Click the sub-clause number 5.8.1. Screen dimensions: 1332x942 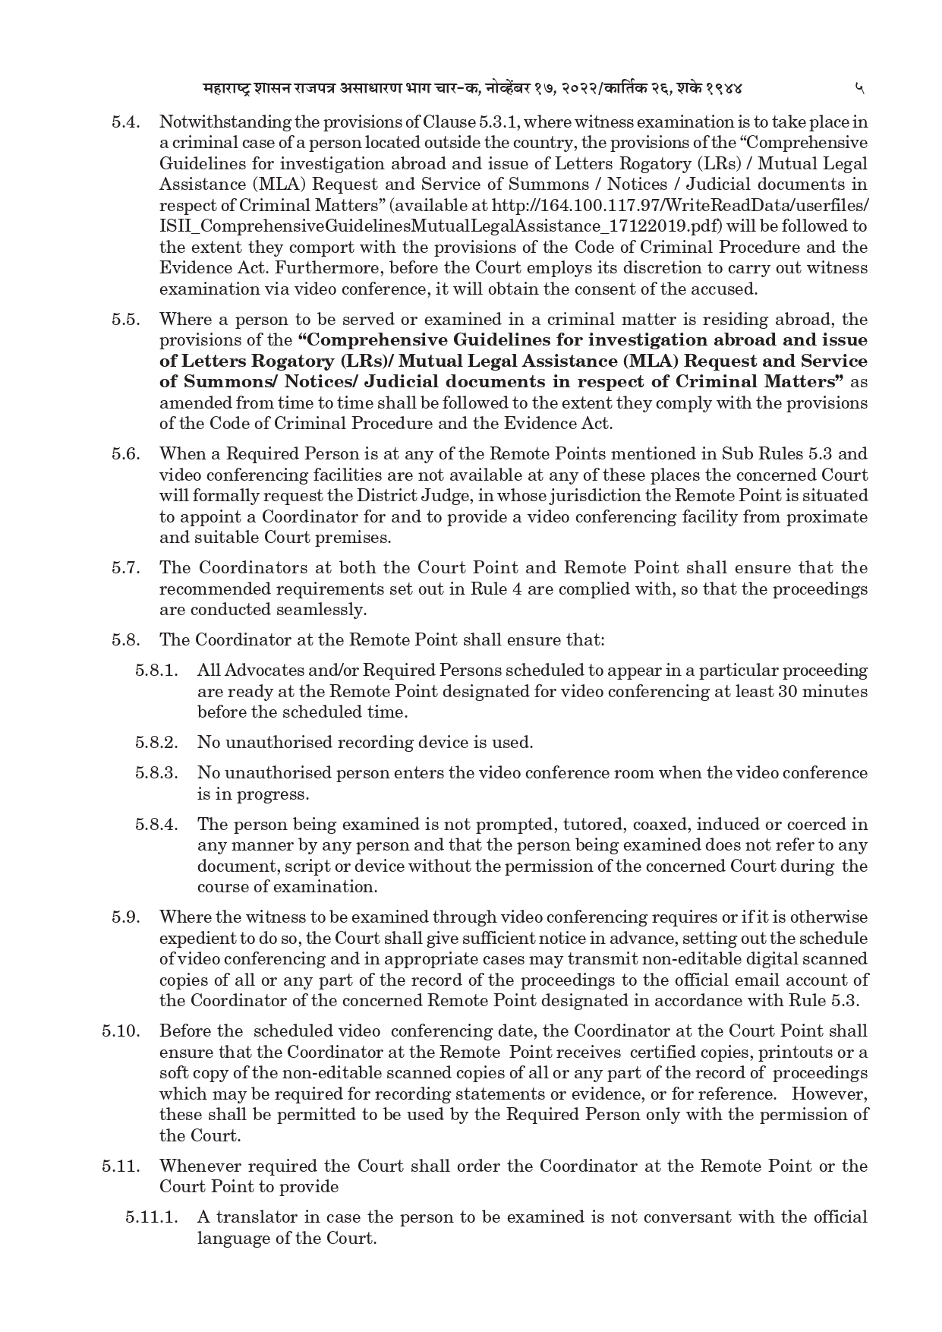tap(157, 671)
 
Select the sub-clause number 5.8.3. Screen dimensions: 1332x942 tap(157, 773)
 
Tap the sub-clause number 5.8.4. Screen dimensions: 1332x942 tap(157, 825)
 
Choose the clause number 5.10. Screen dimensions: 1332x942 tap(121, 1031)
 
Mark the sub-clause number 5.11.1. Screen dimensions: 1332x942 tap(152, 1217)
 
